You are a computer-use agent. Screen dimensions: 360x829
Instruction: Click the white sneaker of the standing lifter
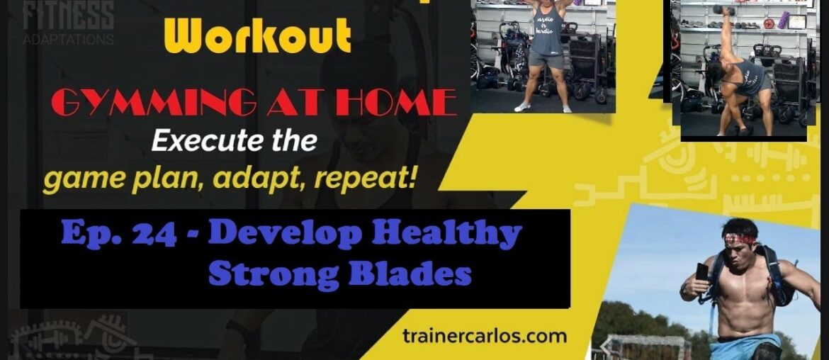point(522,107)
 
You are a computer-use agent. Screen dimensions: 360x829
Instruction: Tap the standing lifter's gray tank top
point(543,39)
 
